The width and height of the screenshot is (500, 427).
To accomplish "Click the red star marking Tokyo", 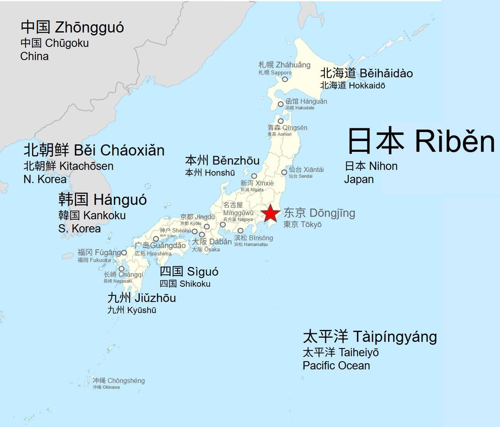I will tap(270, 213).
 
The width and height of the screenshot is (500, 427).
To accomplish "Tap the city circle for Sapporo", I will tap(285, 79).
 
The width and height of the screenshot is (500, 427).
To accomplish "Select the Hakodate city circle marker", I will tap(281, 104).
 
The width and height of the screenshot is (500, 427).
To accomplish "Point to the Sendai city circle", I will tap(284, 172).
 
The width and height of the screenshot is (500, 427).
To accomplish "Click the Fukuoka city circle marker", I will tap(124, 253).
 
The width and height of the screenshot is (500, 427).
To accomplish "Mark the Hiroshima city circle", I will tap(156, 239).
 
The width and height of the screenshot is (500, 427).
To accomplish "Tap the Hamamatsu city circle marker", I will tap(241, 230).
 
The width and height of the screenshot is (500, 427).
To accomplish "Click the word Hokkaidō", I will tap(367, 86).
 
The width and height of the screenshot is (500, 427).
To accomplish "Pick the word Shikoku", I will tap(195, 284).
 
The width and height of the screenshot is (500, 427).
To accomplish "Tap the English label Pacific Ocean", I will tap(336, 365).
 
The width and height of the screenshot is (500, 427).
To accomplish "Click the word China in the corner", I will tap(35, 56).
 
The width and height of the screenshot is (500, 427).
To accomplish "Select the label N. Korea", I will tap(45, 179).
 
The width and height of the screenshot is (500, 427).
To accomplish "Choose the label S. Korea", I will tap(79, 229).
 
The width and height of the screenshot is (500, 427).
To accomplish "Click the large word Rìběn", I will tap(454, 141).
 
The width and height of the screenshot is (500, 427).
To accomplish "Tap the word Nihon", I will tap(383, 166).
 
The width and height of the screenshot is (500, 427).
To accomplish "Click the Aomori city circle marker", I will tap(280, 121).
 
